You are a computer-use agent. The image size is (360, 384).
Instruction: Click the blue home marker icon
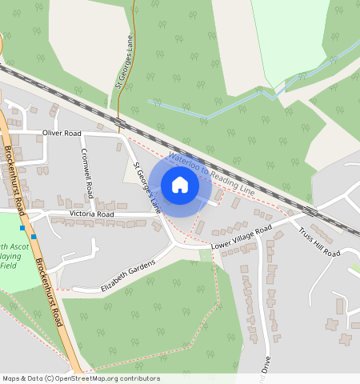tap(180, 185)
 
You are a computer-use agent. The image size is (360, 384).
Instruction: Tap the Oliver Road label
tap(62, 133)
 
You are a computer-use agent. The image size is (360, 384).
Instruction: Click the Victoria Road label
tap(92, 214)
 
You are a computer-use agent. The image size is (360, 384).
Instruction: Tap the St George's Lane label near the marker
tap(146, 189)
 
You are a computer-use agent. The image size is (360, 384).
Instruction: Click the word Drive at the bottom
tap(266, 364)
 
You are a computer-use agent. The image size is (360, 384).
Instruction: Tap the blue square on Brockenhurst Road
tap(34, 237)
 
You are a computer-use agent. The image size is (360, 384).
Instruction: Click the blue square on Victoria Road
tap(22, 227)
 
